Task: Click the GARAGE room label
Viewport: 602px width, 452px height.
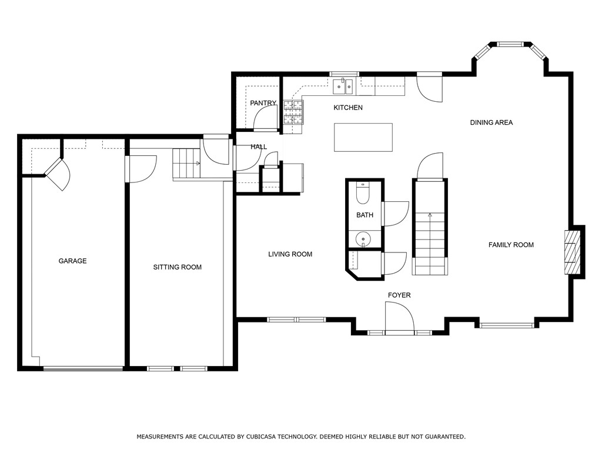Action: (x=72, y=261)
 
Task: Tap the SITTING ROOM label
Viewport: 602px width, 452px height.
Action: (x=178, y=267)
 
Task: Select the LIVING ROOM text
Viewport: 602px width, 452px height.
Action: (x=290, y=254)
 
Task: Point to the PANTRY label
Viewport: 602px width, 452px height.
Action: (x=263, y=103)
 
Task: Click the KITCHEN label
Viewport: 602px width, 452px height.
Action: (x=348, y=108)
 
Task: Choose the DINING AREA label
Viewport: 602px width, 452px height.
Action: (x=491, y=122)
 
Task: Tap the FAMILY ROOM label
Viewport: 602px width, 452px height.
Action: (x=511, y=245)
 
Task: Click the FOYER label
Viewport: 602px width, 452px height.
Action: (x=399, y=295)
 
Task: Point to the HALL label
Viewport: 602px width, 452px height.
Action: (x=259, y=147)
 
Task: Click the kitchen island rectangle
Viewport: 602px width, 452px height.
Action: (x=363, y=137)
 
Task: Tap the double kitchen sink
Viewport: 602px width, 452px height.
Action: (x=343, y=87)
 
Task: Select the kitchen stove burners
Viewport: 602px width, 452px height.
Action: (x=293, y=112)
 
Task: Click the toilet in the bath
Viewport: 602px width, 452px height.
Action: (x=362, y=193)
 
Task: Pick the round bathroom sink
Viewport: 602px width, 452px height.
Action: (x=363, y=239)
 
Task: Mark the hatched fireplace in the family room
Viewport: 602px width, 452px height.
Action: (x=571, y=252)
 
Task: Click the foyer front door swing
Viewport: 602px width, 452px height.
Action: (x=399, y=316)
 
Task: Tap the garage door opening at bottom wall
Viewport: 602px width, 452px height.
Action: (x=83, y=368)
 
